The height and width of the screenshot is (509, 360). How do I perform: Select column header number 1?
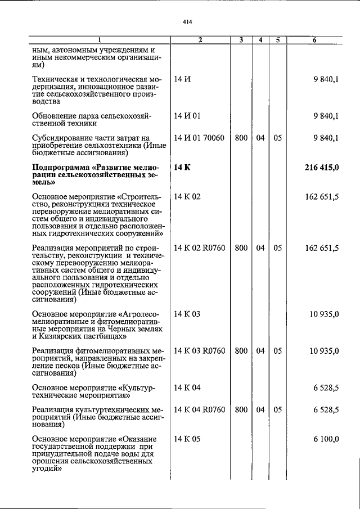99,40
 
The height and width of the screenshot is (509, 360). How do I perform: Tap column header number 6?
314,40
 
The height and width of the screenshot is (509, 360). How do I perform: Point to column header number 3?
241,40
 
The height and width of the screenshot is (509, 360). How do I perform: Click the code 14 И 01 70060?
199,137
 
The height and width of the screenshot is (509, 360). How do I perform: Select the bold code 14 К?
183,168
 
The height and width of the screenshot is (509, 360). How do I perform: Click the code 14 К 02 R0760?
200,247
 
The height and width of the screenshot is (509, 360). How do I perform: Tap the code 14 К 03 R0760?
200,351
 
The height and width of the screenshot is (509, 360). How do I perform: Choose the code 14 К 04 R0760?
200,410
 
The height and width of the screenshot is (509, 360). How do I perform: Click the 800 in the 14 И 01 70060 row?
241,137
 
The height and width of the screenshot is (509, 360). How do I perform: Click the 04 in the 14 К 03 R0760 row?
260,351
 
